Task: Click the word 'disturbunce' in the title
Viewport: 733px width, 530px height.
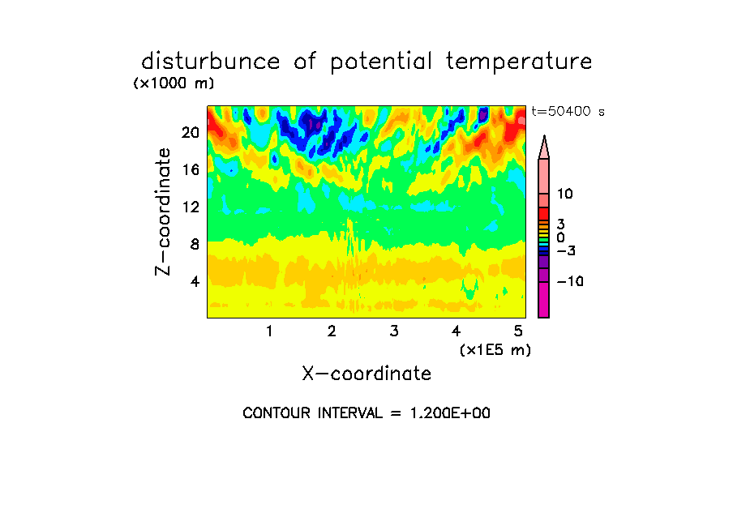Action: [x=211, y=61]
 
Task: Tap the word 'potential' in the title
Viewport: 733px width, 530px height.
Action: [x=380, y=62]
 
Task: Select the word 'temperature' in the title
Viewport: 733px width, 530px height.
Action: [x=519, y=62]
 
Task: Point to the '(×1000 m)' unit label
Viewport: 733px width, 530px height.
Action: [x=174, y=83]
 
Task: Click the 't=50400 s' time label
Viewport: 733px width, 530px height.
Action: [x=568, y=111]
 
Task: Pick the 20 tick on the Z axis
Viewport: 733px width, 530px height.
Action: [x=191, y=133]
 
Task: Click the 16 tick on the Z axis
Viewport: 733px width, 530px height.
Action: [x=191, y=169]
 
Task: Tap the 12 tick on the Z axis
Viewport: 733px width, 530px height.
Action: [x=191, y=207]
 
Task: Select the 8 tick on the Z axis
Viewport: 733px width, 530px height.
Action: [x=195, y=244]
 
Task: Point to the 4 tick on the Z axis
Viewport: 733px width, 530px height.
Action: [x=195, y=281]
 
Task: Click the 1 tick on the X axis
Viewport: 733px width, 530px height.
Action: [x=269, y=331]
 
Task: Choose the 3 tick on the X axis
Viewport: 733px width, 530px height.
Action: [x=394, y=331]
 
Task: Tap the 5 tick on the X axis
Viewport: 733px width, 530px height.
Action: [x=518, y=331]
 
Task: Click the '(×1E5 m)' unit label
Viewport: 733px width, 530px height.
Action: [x=495, y=350]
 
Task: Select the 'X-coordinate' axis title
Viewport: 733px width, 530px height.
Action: [x=366, y=374]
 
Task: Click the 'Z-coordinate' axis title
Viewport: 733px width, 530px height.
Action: [x=163, y=212]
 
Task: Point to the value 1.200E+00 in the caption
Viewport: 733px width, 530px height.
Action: [x=450, y=413]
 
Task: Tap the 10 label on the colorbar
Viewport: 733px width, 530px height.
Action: [x=564, y=194]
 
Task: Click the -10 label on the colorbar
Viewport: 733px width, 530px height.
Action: [x=570, y=281]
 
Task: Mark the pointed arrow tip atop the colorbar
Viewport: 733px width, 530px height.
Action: [x=544, y=135]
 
